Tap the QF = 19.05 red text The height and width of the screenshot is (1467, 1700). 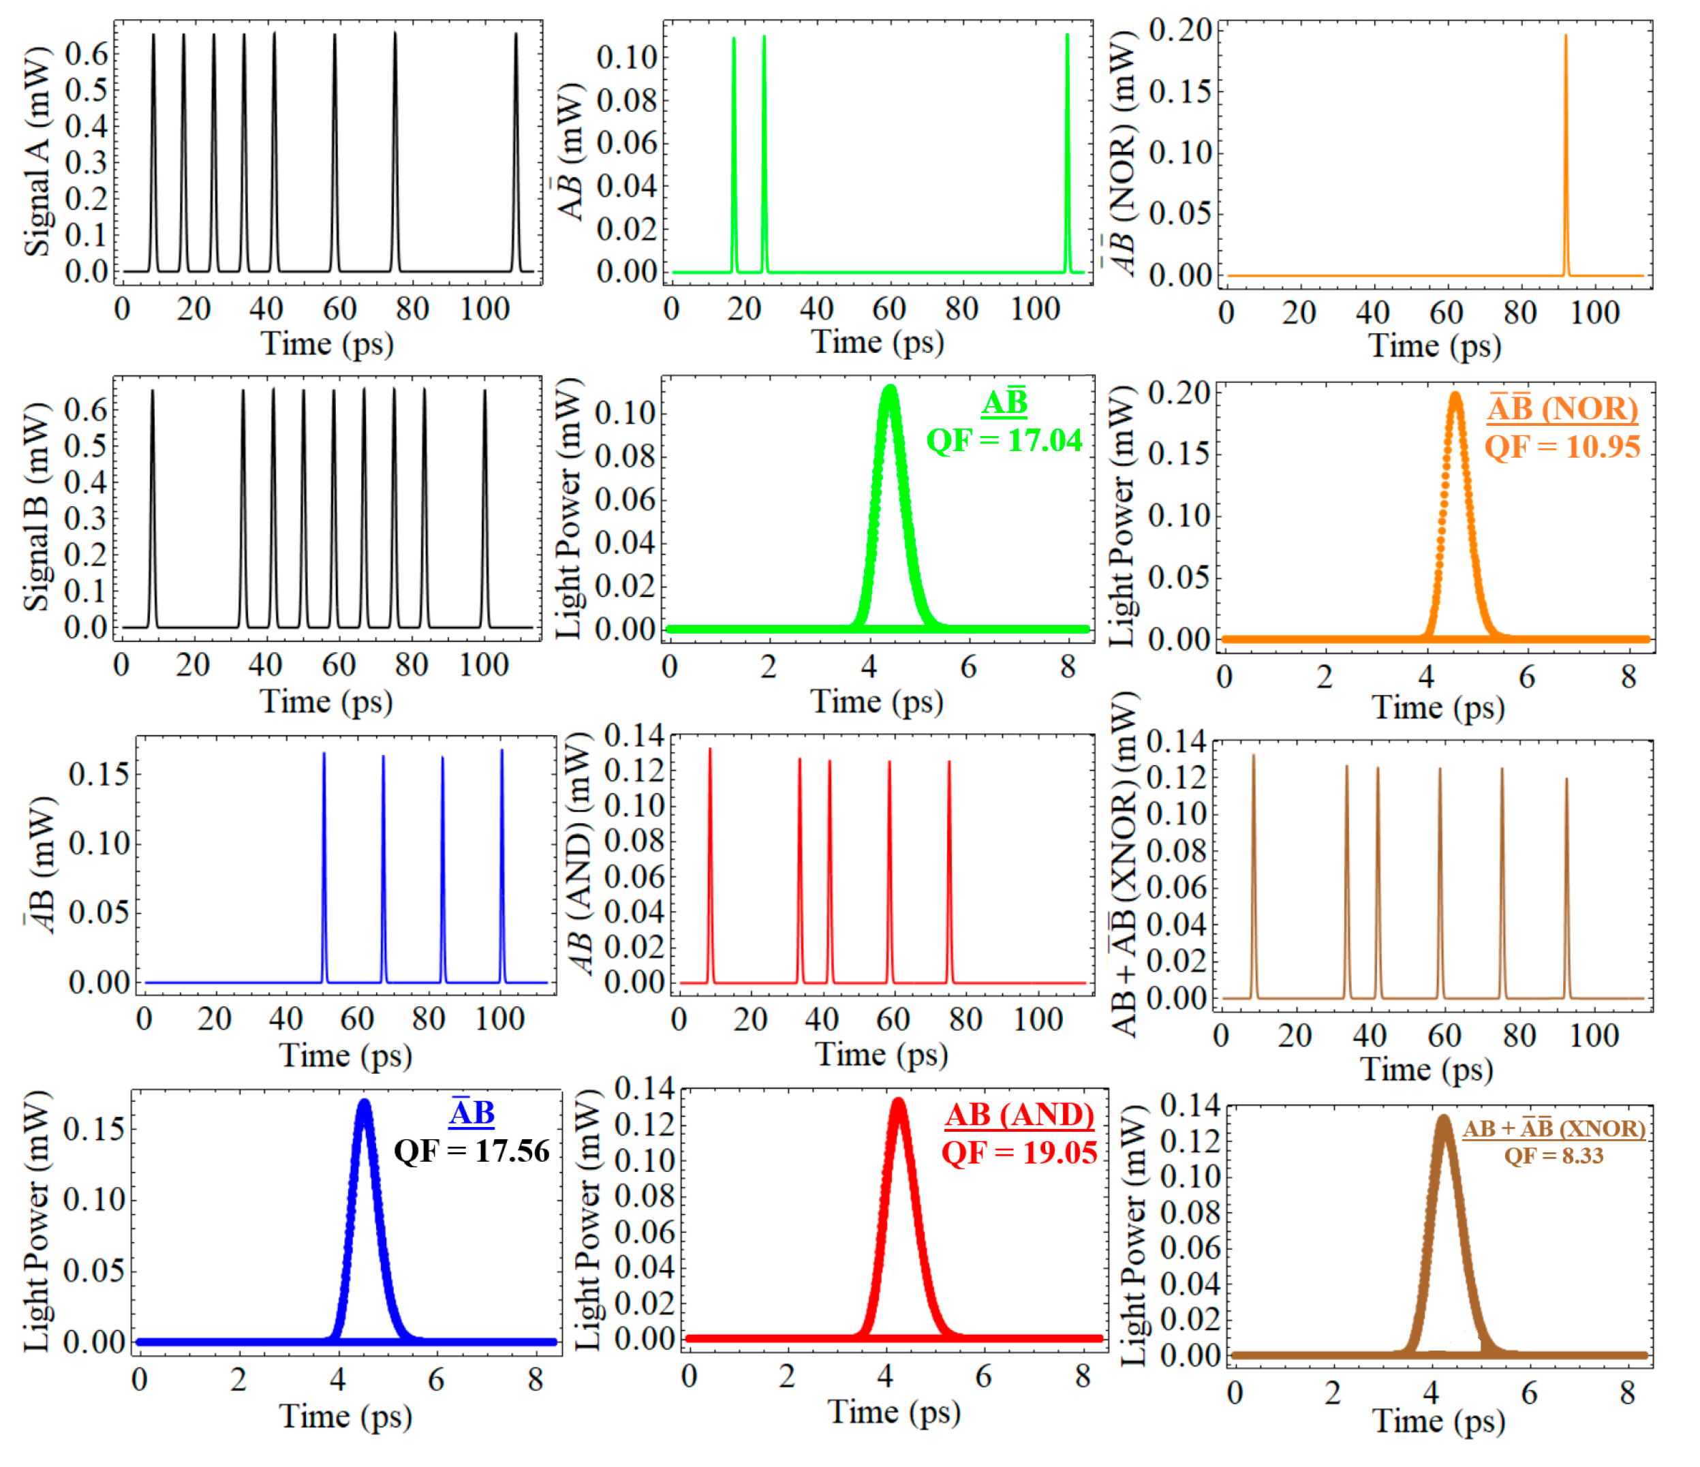pos(1019,1153)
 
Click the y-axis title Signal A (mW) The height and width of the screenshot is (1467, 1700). pos(37,153)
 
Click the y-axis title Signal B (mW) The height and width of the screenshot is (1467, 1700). pos(37,509)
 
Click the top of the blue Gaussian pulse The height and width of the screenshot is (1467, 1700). pos(365,1105)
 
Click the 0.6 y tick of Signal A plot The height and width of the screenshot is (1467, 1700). pos(86,55)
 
